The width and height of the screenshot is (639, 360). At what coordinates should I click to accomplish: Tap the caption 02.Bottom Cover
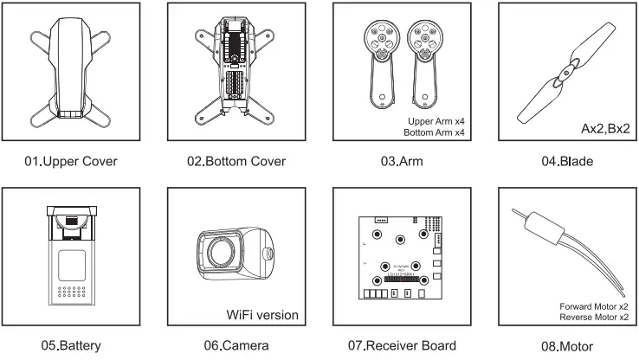[x=237, y=162]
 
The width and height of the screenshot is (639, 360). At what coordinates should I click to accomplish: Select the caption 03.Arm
[x=402, y=162]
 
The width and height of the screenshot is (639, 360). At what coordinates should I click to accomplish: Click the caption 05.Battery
[x=73, y=345]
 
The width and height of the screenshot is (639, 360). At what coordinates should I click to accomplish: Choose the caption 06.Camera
[x=237, y=345]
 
